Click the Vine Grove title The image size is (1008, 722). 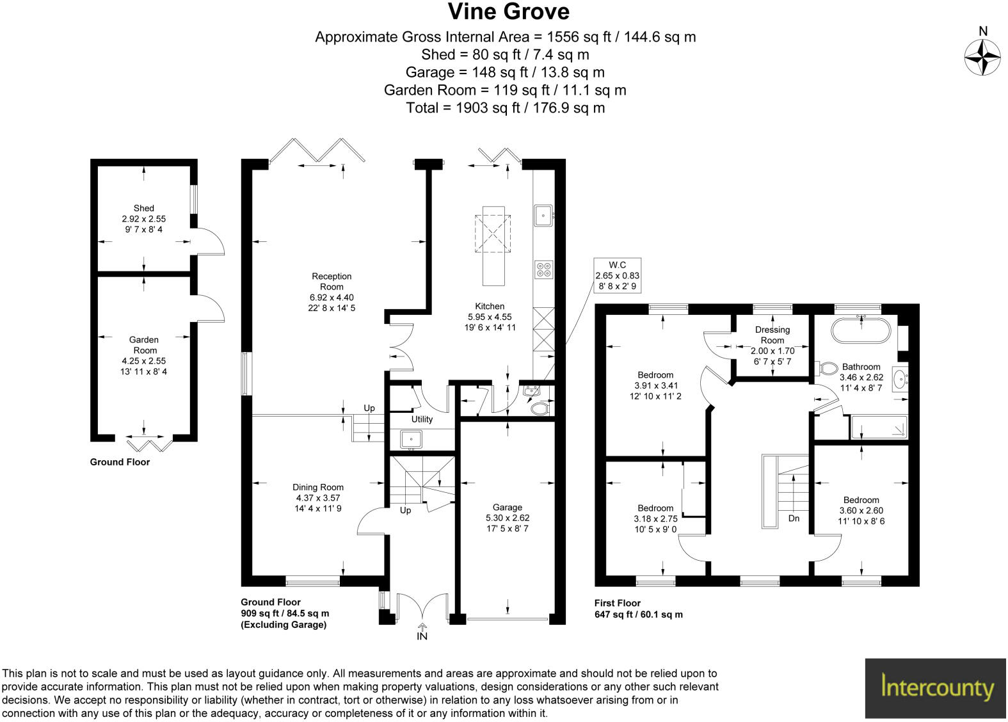508,12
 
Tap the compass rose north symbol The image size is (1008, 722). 982,56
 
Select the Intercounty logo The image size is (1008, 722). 936,688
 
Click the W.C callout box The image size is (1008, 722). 617,276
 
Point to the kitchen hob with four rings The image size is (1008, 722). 543,269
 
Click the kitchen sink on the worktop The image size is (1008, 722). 543,216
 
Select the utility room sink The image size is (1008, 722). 410,439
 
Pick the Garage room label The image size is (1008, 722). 507,507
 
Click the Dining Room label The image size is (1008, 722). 318,487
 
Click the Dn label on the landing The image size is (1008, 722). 794,518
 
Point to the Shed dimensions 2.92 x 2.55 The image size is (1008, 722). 143,219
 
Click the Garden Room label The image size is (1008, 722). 144,345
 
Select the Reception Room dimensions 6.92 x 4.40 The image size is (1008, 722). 332,298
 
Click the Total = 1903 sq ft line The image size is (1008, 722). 505,108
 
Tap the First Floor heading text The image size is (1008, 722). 617,603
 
